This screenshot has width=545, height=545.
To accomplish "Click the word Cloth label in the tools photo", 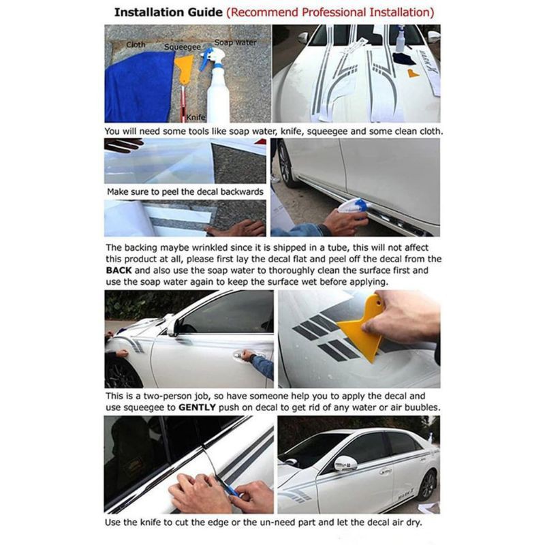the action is coord(136,44).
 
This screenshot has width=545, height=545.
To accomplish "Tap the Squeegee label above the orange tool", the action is coord(182,47).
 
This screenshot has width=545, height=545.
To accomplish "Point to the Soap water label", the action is coord(235,42).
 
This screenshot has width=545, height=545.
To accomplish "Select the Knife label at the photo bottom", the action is coord(196,117).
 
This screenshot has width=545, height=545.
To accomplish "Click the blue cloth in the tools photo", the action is coord(139,87).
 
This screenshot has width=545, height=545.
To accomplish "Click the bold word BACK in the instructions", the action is coord(119,270).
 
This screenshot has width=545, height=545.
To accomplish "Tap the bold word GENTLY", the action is coord(197,407).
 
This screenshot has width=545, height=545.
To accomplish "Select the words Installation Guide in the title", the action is coord(168,12).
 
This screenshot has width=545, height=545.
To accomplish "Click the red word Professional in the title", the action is coord(334,12).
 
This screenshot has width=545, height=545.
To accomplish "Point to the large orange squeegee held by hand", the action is coord(362,327).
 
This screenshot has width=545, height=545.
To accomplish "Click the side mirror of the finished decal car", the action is coord(345,464).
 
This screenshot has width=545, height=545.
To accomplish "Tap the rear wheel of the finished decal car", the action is coord(428,485).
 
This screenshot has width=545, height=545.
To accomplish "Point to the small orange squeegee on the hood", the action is coord(413,74).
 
